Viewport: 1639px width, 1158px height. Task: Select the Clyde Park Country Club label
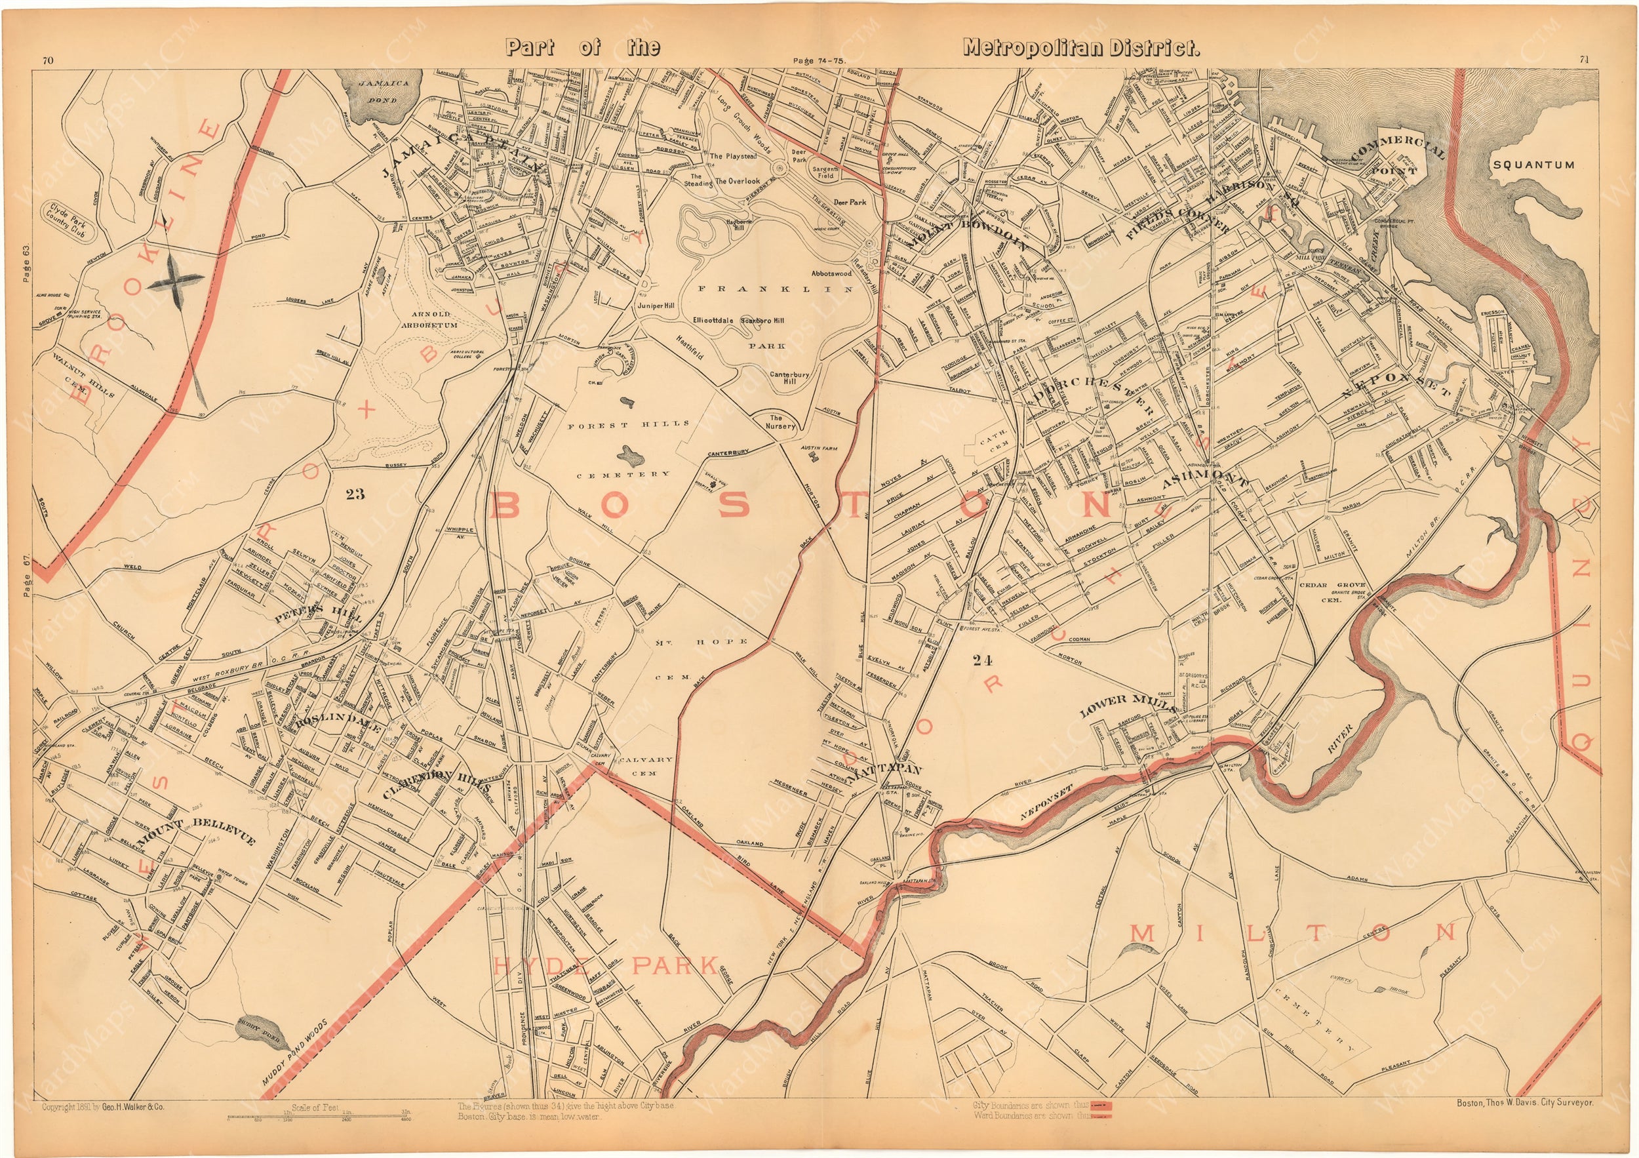click(x=71, y=222)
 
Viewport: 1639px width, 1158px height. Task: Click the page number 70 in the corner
click(x=47, y=61)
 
